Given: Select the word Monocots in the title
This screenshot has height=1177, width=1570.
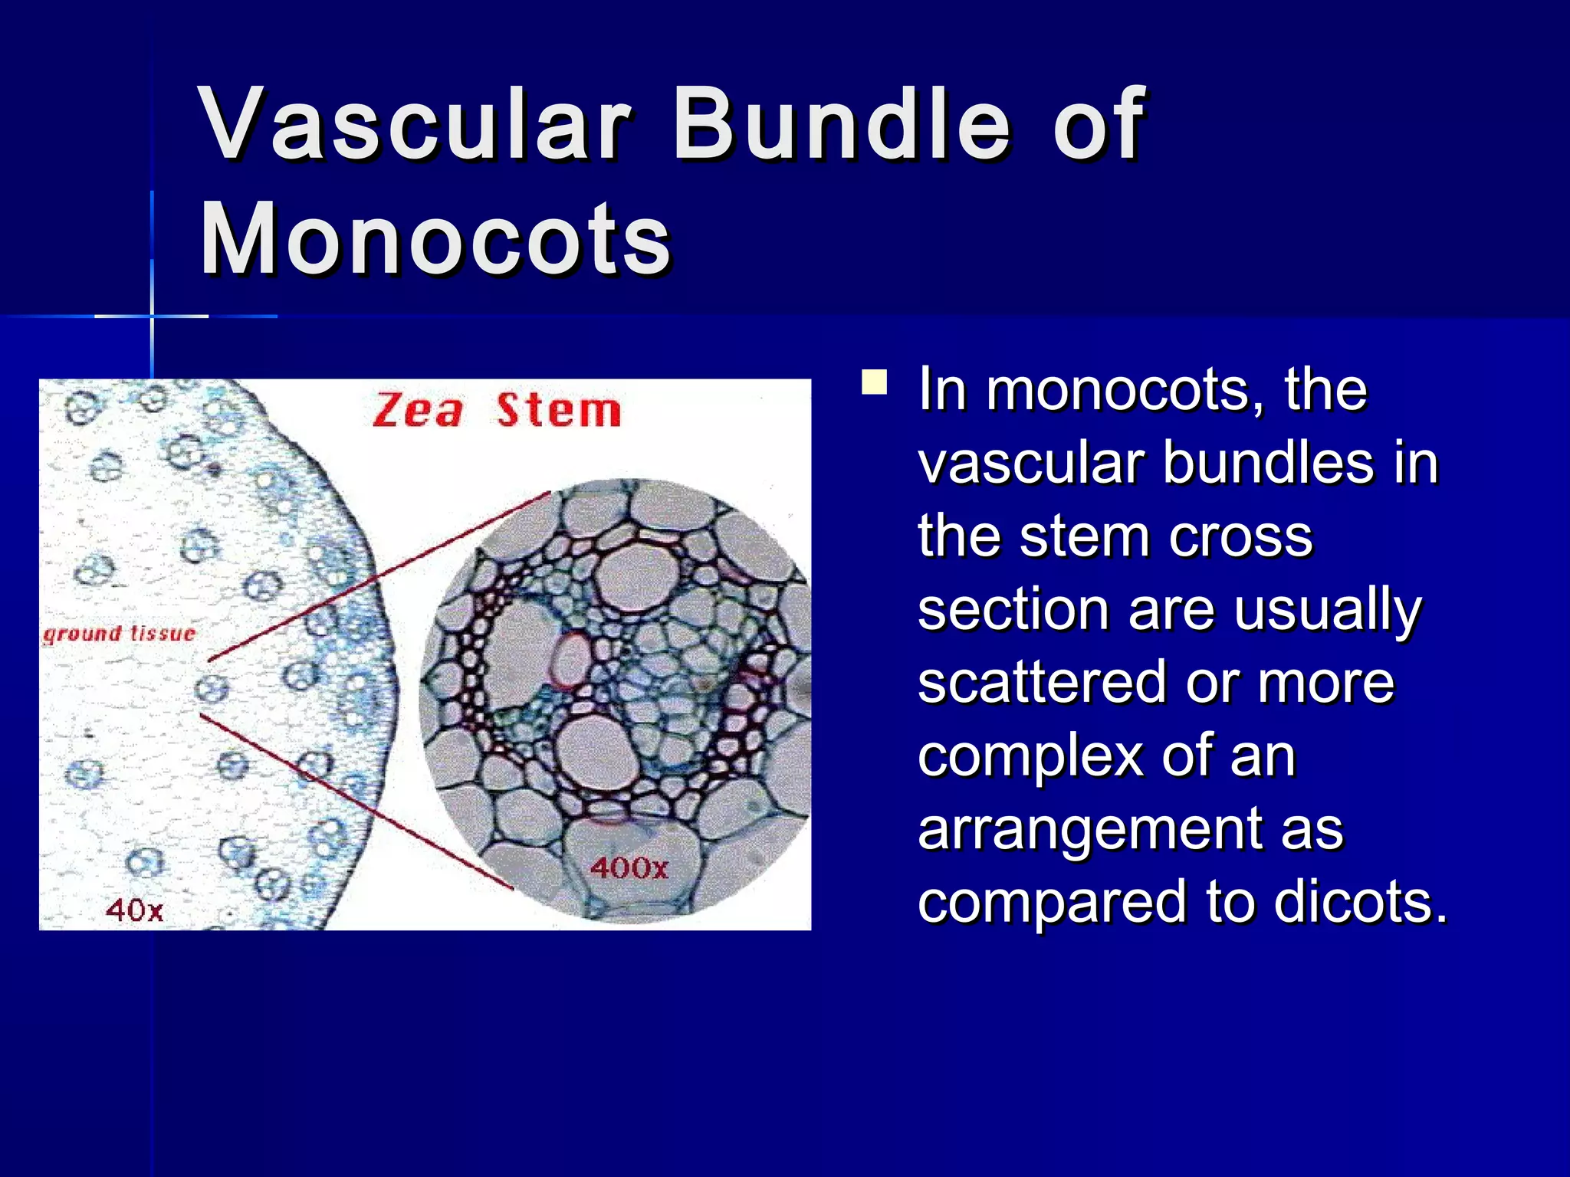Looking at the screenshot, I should (x=435, y=239).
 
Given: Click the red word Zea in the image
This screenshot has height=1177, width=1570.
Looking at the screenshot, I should (x=419, y=411).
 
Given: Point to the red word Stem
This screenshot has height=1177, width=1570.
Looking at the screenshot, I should (x=558, y=411).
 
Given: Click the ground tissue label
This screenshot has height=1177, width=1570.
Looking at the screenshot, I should (x=119, y=634).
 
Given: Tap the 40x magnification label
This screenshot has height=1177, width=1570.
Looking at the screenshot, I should (x=134, y=910).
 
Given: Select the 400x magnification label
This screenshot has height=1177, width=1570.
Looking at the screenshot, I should (x=629, y=867).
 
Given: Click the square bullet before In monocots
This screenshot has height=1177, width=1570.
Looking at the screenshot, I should (x=874, y=382).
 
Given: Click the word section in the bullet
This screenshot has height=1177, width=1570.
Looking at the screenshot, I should (x=1012, y=610).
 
